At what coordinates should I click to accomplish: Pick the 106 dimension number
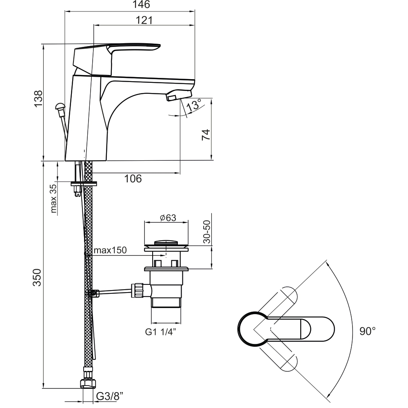(133, 178)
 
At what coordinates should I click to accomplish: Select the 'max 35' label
(53, 199)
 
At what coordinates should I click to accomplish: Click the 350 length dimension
(38, 277)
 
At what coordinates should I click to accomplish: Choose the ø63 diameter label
(167, 218)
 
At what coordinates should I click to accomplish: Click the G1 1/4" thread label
(161, 332)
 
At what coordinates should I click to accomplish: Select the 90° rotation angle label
(367, 331)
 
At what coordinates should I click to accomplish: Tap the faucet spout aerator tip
(172, 98)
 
